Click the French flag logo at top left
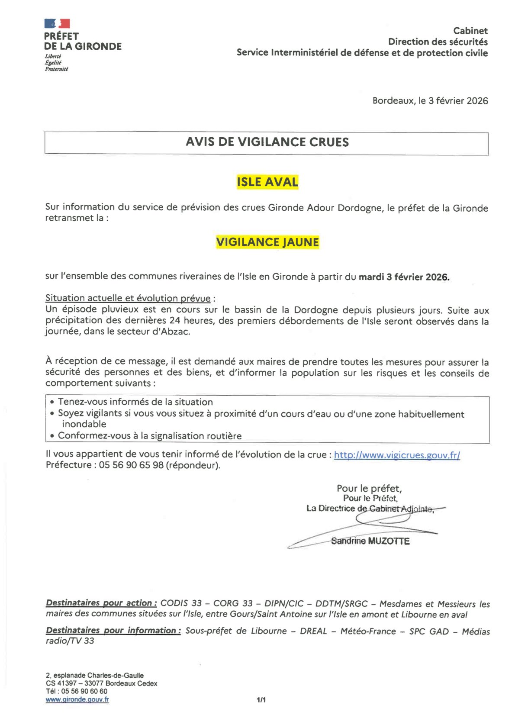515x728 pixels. tap(57, 23)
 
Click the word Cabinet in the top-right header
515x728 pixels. tap(470, 31)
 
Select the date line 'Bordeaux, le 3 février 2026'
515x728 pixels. tap(430, 101)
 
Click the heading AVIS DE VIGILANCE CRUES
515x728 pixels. tap(267, 142)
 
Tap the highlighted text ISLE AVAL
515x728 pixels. tap(267, 182)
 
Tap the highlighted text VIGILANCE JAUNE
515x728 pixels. tap(267, 242)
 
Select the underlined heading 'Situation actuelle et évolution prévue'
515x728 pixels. tap(128, 298)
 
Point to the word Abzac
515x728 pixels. tap(175, 332)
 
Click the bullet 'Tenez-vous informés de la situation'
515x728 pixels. tap(135, 402)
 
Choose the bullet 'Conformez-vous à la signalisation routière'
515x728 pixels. tap(149, 436)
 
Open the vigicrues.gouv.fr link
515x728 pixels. tap(396, 455)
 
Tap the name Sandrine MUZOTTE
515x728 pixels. tap(370, 541)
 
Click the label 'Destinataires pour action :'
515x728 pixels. tap(101, 603)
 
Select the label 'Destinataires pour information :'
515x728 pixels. tap(113, 631)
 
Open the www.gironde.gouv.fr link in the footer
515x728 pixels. tap(77, 699)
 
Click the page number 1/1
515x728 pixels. tap(261, 699)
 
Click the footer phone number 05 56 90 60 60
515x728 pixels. tap(84, 691)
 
